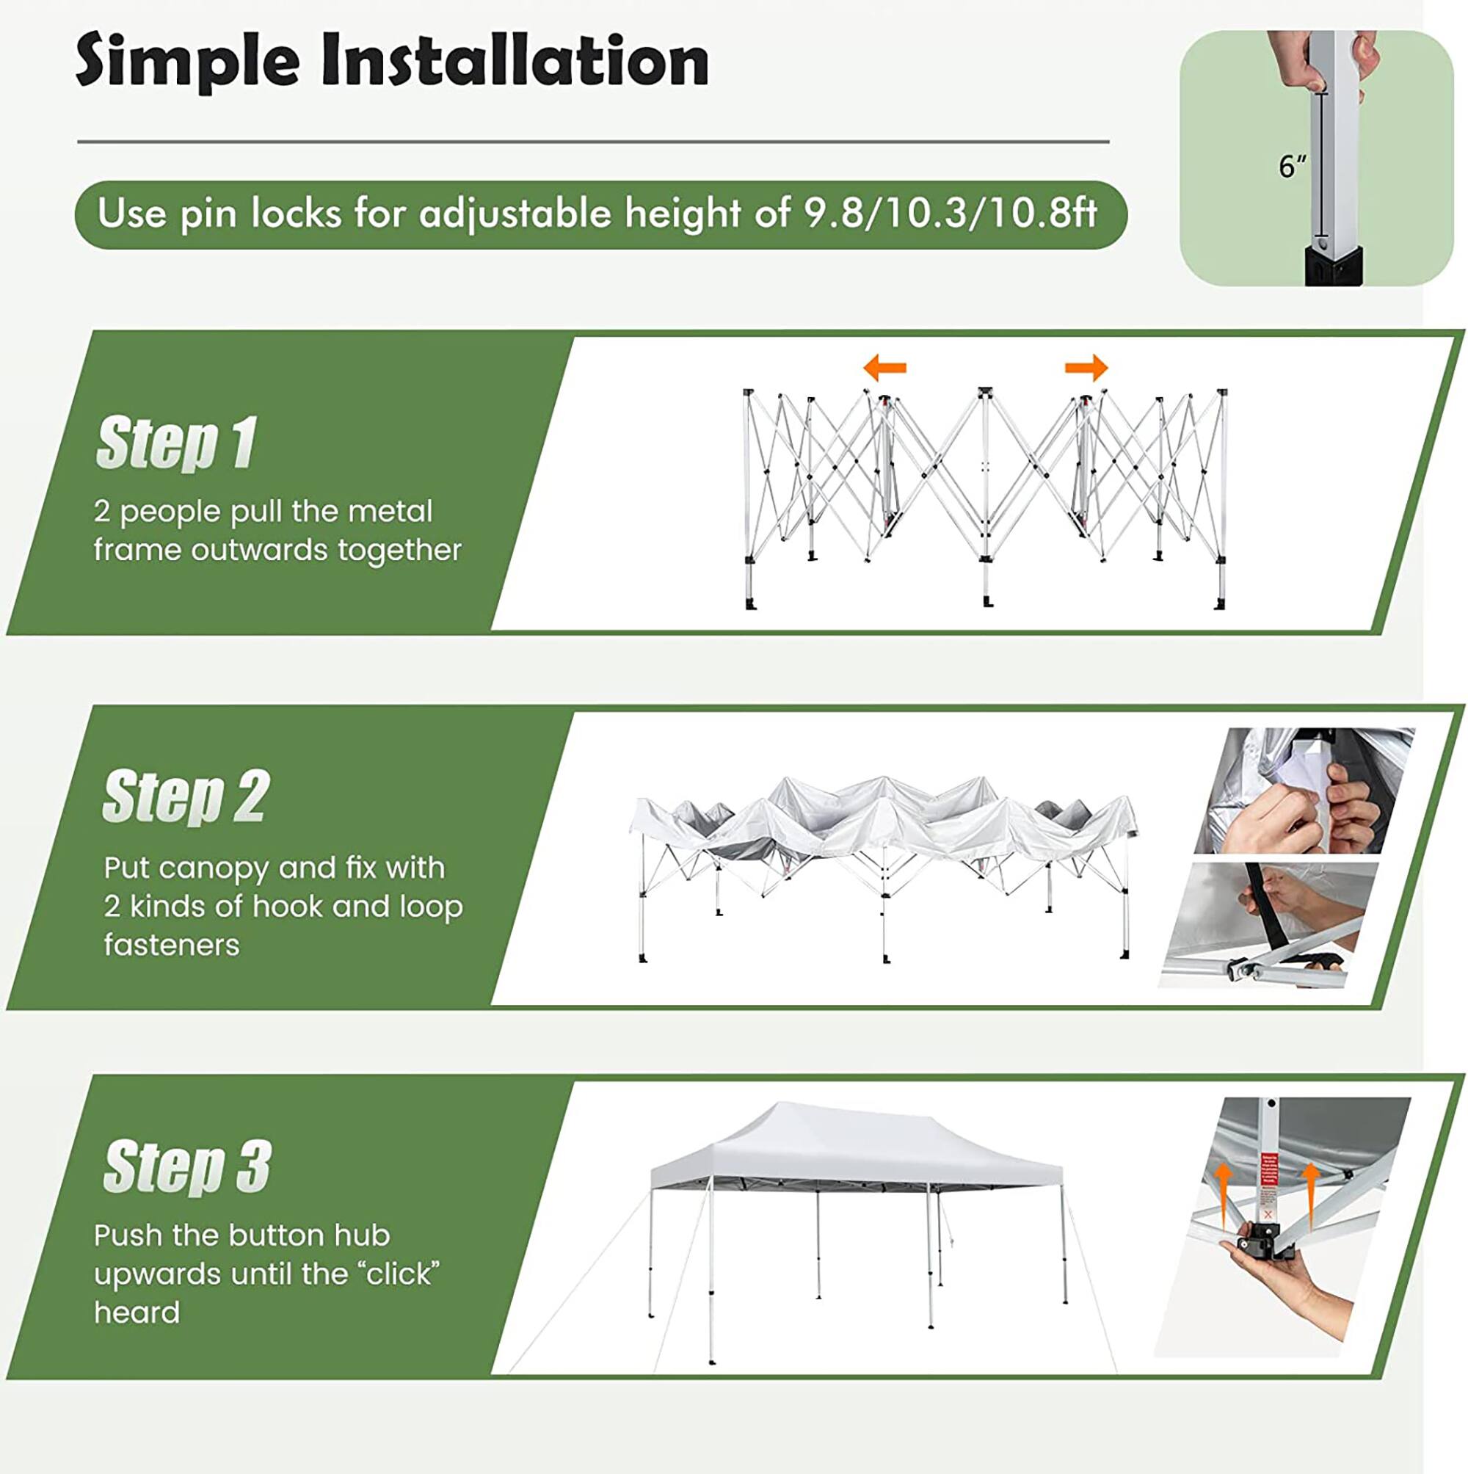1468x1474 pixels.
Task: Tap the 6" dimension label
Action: click(1292, 166)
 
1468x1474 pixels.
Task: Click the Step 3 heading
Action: click(187, 1166)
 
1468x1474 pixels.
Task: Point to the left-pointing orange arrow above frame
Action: click(885, 368)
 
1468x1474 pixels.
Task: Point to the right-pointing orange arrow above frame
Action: click(1086, 368)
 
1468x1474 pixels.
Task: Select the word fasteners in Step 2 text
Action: click(172, 945)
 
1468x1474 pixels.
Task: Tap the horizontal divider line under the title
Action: click(593, 142)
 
